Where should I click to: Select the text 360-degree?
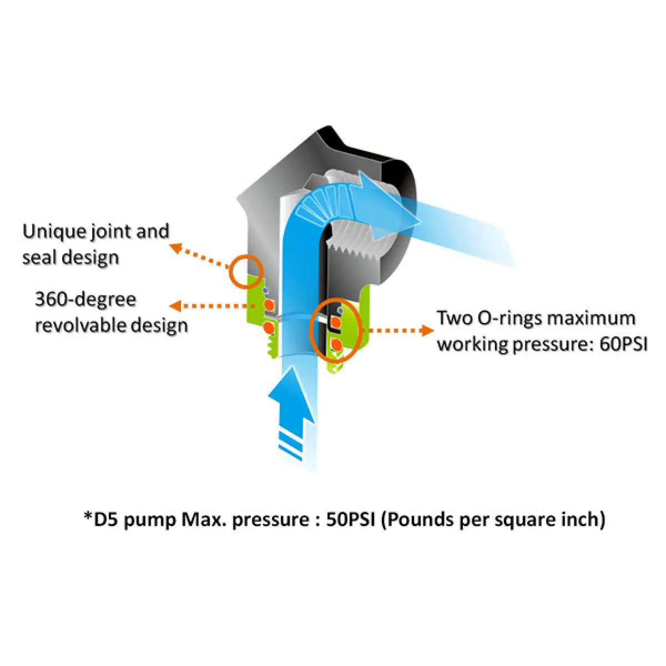point(85,300)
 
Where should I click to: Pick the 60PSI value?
point(624,344)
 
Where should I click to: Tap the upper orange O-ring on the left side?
point(269,305)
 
